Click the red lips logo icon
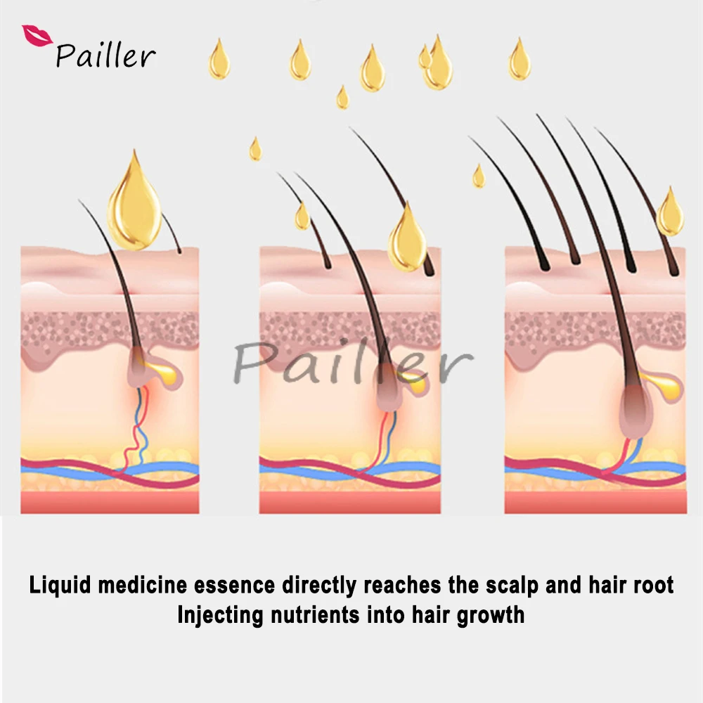[x=36, y=36]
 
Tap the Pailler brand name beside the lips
[x=105, y=56]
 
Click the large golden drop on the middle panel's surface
[x=408, y=239]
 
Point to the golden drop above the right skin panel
[x=669, y=212]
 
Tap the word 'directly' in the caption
[x=321, y=585]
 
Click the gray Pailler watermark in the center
[x=351, y=362]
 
